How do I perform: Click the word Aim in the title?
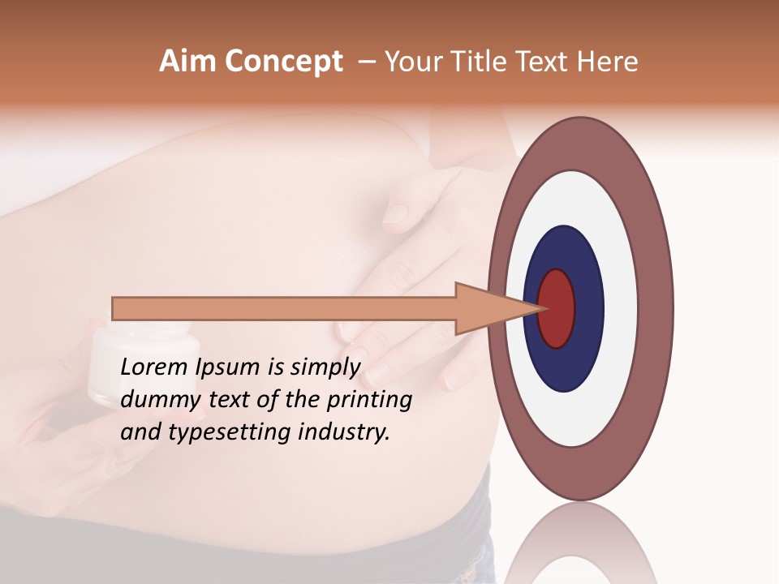188,62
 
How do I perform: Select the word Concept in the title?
283,62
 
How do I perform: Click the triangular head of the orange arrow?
487,308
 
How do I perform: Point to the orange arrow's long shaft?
284,308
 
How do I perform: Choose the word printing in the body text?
368,401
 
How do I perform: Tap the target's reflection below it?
581,543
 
